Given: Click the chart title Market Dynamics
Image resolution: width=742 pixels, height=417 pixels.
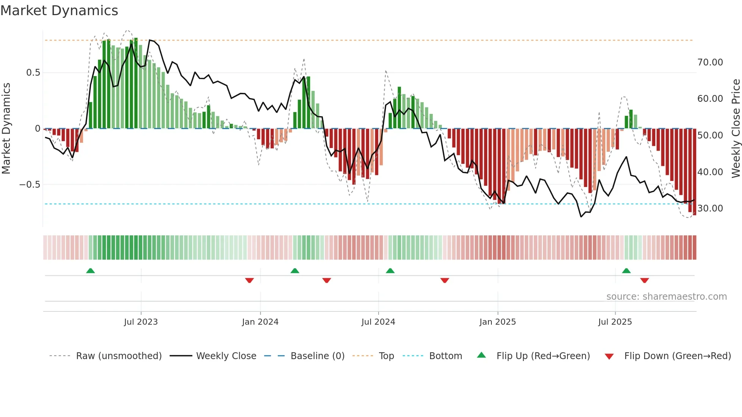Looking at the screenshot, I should [59, 11].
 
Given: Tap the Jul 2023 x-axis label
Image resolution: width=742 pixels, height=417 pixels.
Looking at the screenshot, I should [141, 322].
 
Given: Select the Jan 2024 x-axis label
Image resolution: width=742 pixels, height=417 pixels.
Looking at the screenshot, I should [260, 322].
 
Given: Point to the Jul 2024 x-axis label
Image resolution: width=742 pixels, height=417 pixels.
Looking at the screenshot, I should [378, 322].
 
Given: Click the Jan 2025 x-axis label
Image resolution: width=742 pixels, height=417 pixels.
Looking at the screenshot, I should [497, 322].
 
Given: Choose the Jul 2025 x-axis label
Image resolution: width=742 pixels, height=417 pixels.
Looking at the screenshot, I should [615, 322].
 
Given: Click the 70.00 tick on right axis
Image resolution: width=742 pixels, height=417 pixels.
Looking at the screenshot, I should [710, 62].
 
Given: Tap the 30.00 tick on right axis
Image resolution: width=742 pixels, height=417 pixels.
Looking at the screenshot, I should [710, 208].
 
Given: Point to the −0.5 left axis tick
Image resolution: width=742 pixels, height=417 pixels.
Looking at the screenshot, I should [30, 185].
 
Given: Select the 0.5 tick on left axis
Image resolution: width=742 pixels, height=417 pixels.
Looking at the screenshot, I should [33, 73].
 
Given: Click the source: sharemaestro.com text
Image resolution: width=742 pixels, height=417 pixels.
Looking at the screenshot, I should [666, 297].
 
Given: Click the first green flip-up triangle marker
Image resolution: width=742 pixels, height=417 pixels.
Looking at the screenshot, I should [90, 271].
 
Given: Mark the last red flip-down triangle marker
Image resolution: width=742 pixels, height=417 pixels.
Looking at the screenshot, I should [644, 280].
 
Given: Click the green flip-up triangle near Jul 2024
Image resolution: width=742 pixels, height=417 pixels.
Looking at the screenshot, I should [390, 271].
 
